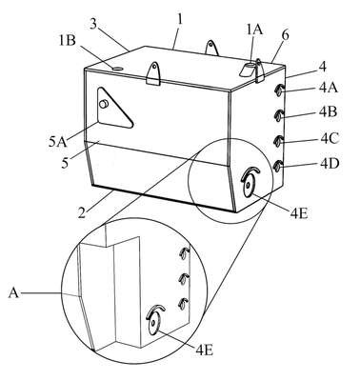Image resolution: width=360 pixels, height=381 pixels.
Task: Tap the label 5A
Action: (x=58, y=142)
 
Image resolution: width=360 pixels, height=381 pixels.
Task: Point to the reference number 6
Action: (x=286, y=35)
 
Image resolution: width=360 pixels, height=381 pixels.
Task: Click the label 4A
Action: (x=329, y=88)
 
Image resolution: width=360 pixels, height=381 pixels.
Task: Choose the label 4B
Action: (x=329, y=112)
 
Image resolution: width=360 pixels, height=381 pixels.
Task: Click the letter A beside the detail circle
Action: (x=13, y=292)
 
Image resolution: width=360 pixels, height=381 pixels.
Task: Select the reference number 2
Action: (x=82, y=211)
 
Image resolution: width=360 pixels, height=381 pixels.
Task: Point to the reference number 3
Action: (x=92, y=24)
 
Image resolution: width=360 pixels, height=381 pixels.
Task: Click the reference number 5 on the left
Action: (x=65, y=164)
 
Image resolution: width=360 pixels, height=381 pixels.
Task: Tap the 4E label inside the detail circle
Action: (x=205, y=351)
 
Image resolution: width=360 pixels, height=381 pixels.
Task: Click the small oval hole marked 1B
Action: (x=116, y=69)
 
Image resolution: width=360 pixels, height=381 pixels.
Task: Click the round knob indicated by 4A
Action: (x=278, y=90)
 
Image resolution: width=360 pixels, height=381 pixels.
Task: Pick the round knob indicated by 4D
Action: (x=278, y=167)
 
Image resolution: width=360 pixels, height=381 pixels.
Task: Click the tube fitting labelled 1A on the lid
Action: (x=249, y=69)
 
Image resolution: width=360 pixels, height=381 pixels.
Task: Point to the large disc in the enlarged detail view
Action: (x=153, y=323)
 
